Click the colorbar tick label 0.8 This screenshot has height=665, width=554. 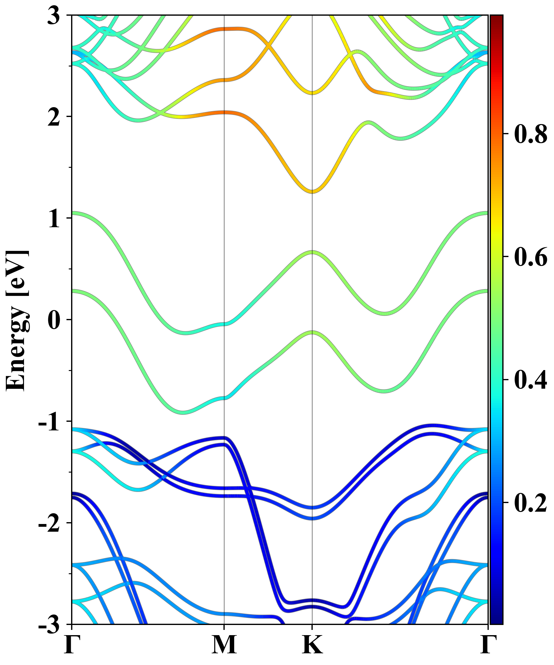531,134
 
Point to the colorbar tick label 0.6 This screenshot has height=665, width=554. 531,257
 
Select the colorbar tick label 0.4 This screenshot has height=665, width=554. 531,380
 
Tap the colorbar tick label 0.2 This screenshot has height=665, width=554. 531,502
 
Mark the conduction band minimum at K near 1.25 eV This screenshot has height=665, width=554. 312,191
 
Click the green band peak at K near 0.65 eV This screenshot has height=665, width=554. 312,252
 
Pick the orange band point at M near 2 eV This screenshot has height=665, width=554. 224,112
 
